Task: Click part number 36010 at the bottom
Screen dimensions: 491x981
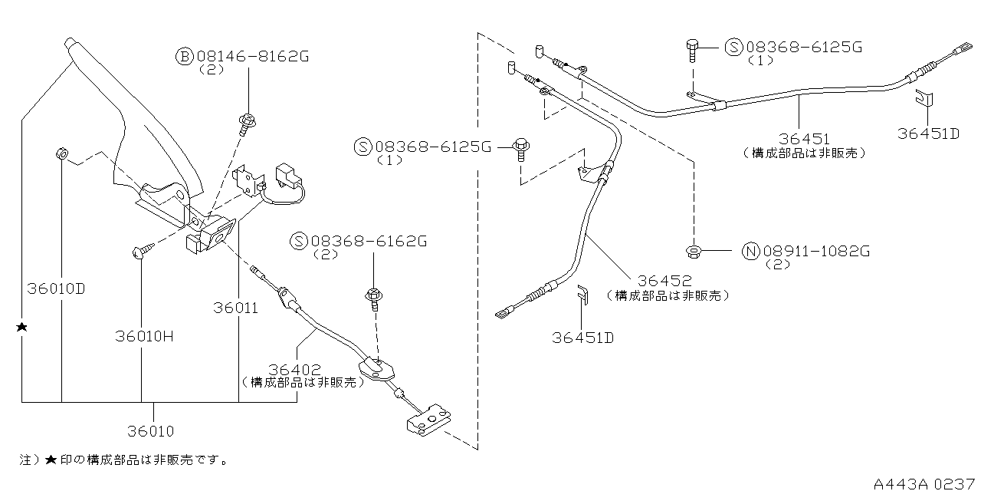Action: pyautogui.click(x=152, y=431)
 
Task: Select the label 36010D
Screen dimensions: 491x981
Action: pyautogui.click(x=56, y=289)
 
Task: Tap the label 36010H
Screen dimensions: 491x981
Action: pyautogui.click(x=146, y=336)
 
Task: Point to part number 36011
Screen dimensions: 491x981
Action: pyautogui.click(x=236, y=308)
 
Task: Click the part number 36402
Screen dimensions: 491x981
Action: pyautogui.click(x=294, y=369)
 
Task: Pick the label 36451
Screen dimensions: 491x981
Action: pyautogui.click(x=804, y=139)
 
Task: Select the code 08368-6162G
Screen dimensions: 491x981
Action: pyautogui.click(x=369, y=241)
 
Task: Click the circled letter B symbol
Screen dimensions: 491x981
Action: pyautogui.click(x=185, y=56)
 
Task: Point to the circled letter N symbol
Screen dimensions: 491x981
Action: pyautogui.click(x=750, y=250)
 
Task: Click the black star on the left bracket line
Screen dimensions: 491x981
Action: pyautogui.click(x=22, y=328)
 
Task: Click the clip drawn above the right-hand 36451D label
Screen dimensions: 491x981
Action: pyautogui.click(x=925, y=101)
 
